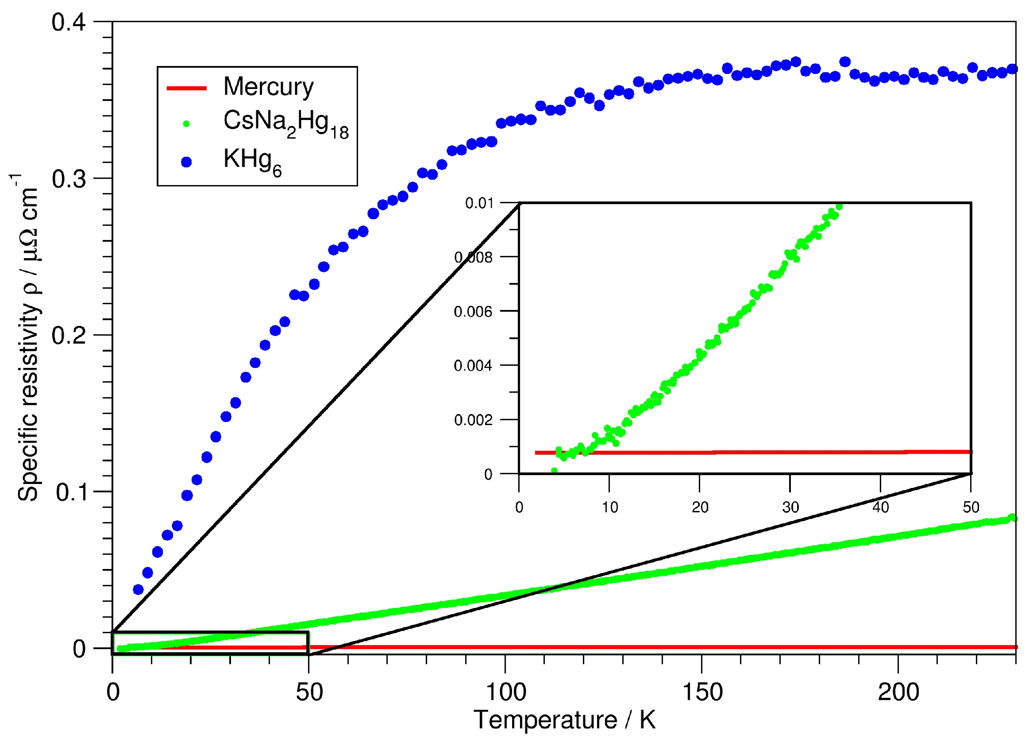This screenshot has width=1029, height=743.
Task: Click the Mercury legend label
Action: tap(268, 87)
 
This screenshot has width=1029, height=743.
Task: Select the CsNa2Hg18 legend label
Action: tap(285, 123)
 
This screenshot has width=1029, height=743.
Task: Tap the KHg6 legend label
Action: tap(252, 162)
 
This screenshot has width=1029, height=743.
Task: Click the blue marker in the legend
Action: tap(186, 162)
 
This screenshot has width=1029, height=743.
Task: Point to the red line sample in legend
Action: tap(186, 88)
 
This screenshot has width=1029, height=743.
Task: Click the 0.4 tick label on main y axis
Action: tap(69, 22)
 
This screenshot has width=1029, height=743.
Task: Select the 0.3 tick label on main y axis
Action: tap(69, 179)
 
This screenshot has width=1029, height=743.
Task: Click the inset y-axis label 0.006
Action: tap(473, 312)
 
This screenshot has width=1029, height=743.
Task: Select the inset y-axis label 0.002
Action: tap(473, 420)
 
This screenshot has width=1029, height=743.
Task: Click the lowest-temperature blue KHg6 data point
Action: tap(139, 590)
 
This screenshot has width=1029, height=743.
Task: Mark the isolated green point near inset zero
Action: tap(554, 471)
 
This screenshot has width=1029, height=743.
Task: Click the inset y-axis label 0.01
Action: tap(479, 203)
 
